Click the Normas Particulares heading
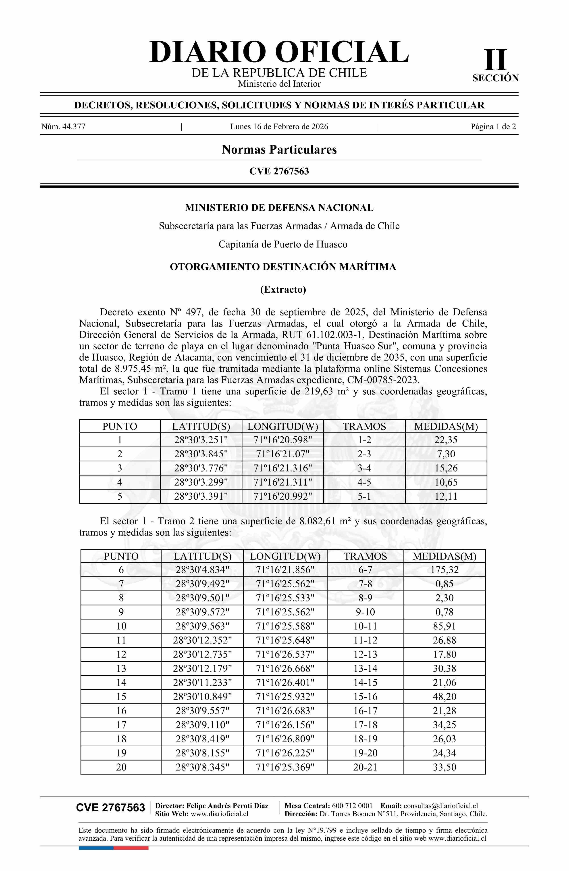pyautogui.click(x=279, y=150)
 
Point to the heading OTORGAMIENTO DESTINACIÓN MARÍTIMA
pyautogui.click(x=283, y=267)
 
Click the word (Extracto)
pyautogui.click(x=283, y=289)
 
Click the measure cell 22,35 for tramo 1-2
pyautogui.click(x=446, y=440)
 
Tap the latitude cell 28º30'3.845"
pyautogui.click(x=201, y=454)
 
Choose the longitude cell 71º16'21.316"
pyautogui.click(x=283, y=468)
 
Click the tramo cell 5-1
pyautogui.click(x=364, y=496)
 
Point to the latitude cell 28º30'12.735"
pyautogui.click(x=202, y=654)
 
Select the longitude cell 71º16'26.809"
pyautogui.click(x=285, y=739)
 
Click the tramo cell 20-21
pyautogui.click(x=365, y=767)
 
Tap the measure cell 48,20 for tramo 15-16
pyautogui.click(x=444, y=696)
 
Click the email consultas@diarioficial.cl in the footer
pyautogui.click(x=441, y=806)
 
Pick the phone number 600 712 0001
pyautogui.click(x=352, y=806)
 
